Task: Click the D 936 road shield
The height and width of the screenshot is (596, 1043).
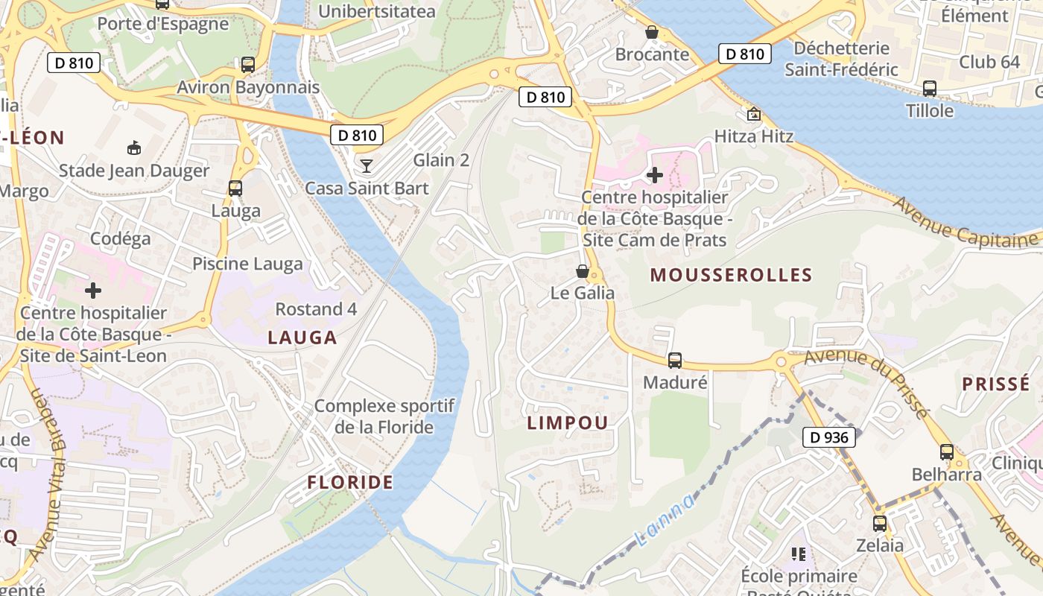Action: [828, 437]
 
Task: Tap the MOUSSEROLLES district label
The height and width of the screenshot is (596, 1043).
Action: [731, 275]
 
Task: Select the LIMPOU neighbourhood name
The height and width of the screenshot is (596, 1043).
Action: [568, 422]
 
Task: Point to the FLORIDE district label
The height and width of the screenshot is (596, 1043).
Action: [350, 482]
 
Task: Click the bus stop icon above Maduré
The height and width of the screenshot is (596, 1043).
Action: [674, 361]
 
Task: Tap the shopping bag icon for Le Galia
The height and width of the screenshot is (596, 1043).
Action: [583, 271]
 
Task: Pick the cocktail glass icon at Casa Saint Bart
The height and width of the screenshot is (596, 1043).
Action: [366, 165]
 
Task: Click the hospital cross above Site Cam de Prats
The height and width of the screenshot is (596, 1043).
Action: [655, 175]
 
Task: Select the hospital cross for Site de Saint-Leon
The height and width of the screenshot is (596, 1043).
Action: [93, 291]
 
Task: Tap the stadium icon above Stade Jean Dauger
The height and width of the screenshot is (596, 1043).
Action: [134, 148]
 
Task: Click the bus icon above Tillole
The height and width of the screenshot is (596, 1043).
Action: [930, 89]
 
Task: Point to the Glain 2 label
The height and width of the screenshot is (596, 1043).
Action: [441, 160]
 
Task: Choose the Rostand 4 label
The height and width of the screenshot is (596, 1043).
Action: [316, 308]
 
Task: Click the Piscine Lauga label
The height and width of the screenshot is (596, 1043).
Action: [247, 264]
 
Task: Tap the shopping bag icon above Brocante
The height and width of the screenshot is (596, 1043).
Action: [652, 32]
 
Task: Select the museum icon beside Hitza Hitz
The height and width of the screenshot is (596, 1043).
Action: [754, 115]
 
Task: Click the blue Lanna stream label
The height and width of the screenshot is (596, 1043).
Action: [665, 520]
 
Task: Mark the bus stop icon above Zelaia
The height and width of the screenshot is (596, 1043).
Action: [879, 524]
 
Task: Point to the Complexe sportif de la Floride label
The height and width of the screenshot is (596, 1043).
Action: [384, 416]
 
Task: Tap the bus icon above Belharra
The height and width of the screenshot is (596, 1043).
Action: [946, 452]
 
